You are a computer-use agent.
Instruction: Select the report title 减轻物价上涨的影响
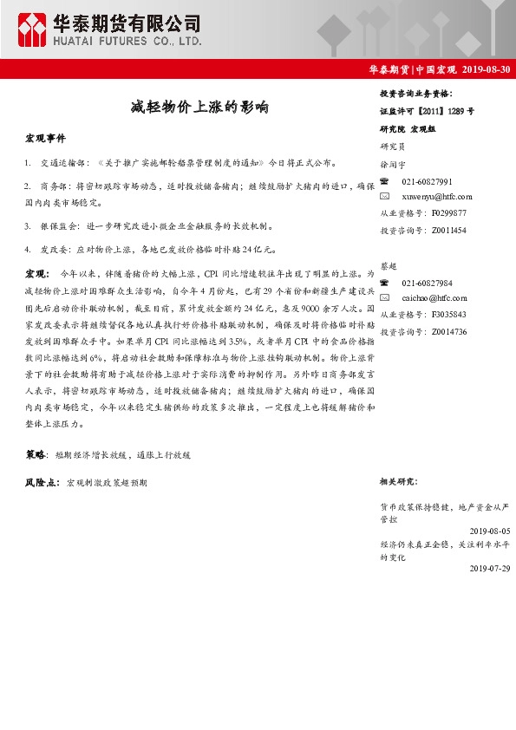pyautogui.click(x=194, y=108)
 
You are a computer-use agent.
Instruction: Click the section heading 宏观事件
pyautogui.click(x=44, y=138)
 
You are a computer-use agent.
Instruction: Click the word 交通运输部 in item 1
pyautogui.click(x=59, y=162)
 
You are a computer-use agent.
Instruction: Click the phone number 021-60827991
pyautogui.click(x=428, y=180)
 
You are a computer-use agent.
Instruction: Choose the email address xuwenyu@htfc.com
pyautogui.click(x=435, y=197)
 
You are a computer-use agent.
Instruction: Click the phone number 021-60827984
pyautogui.click(x=428, y=283)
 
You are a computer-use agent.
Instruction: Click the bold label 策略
pyautogui.click(x=35, y=453)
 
